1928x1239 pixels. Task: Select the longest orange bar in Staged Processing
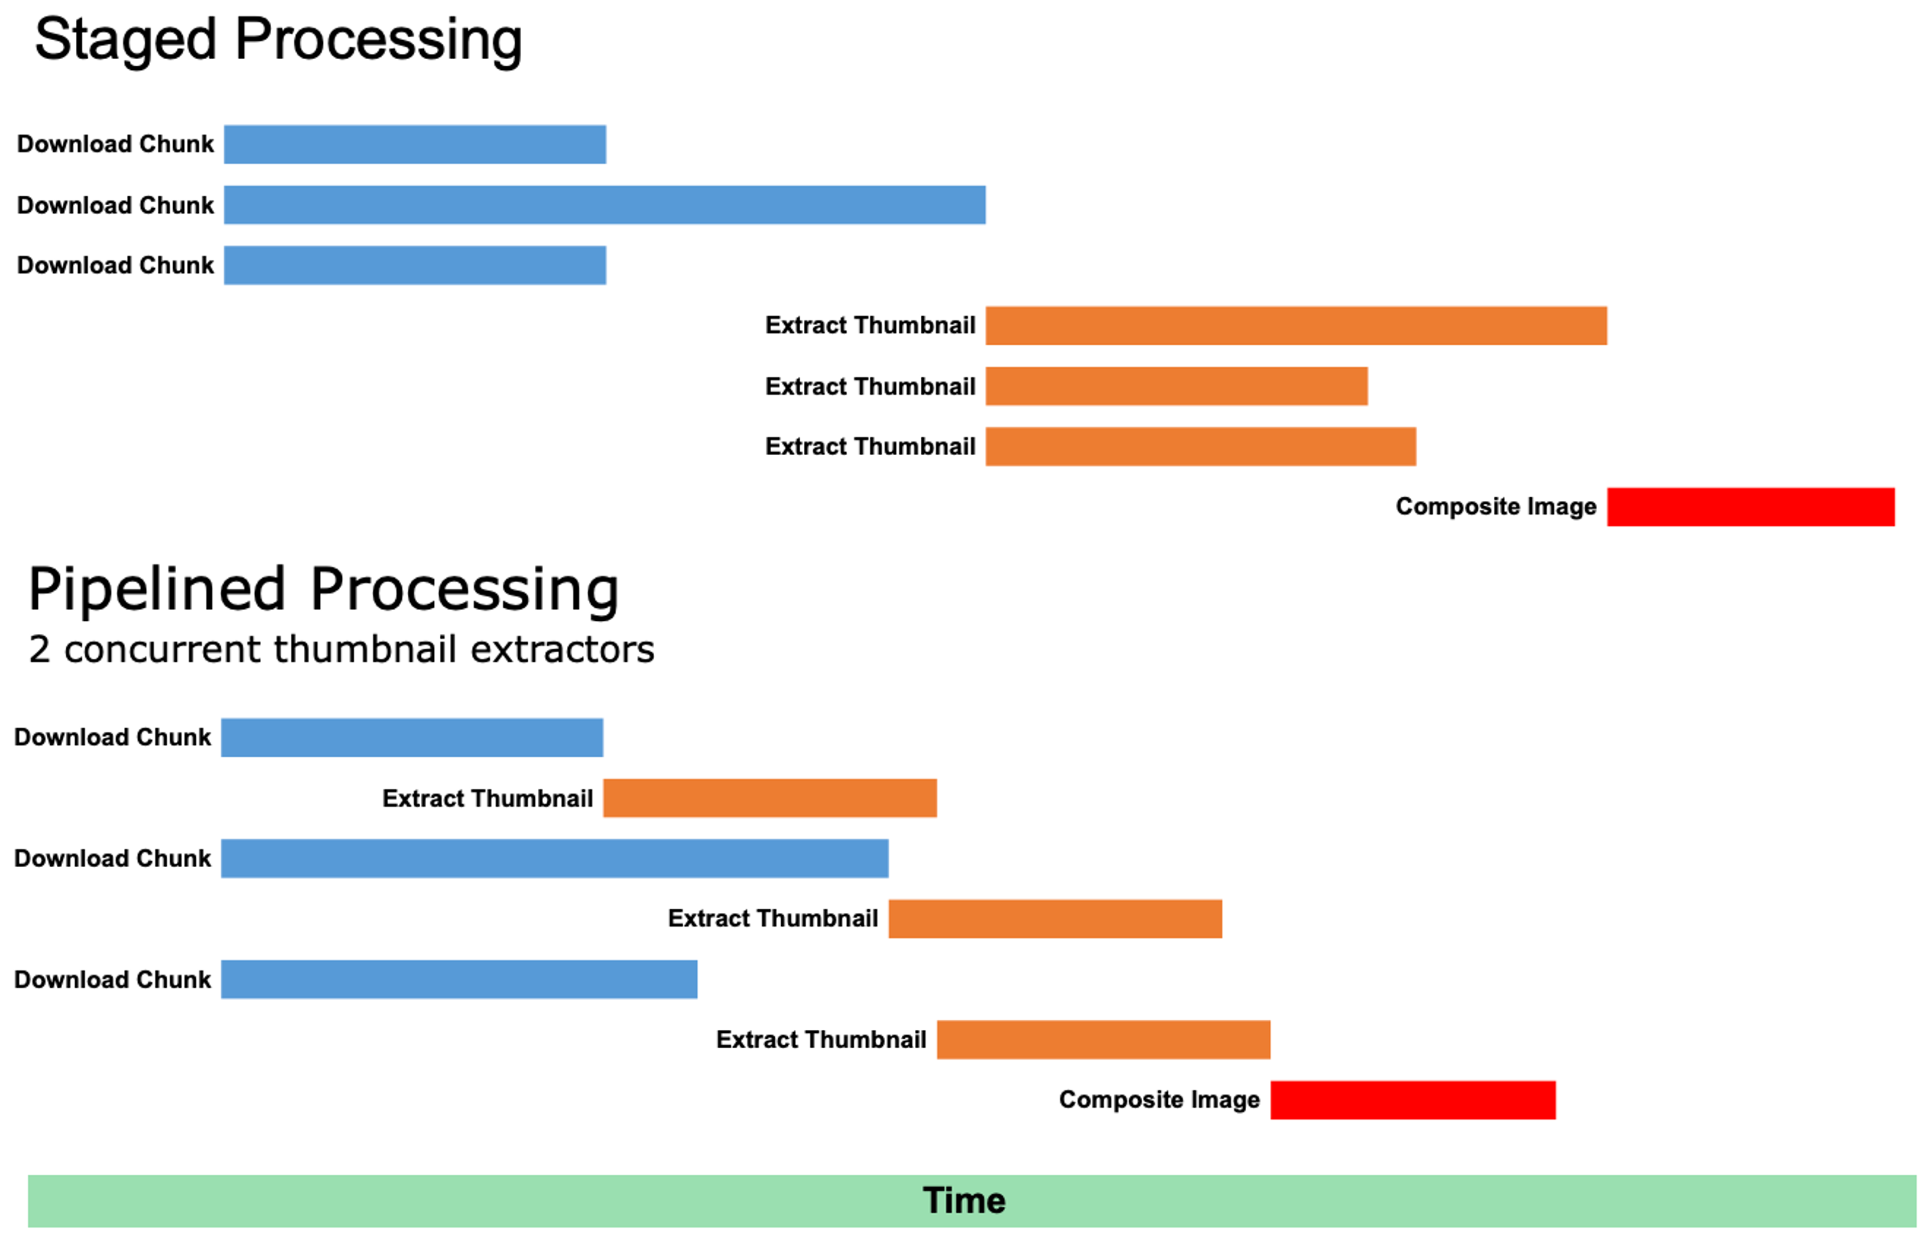tap(1295, 325)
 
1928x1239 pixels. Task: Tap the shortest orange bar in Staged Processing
tap(1175, 386)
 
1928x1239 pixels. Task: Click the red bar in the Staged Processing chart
tap(1750, 507)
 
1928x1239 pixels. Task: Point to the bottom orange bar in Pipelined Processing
tap(1103, 1039)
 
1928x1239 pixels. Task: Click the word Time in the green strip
tap(963, 1200)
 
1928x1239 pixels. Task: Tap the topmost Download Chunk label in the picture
tap(115, 144)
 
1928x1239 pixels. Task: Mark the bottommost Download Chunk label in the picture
tap(112, 979)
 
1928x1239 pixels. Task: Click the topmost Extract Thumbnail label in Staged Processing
tap(870, 325)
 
